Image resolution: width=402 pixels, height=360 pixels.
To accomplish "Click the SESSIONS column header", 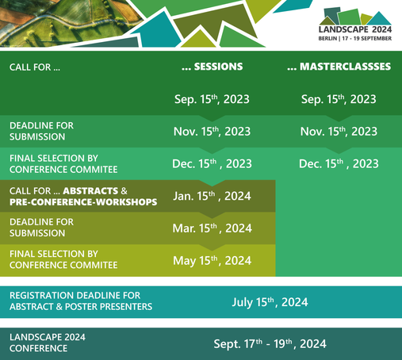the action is click(x=212, y=67).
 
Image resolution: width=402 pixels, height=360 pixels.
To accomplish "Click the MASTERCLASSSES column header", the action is click(x=339, y=67).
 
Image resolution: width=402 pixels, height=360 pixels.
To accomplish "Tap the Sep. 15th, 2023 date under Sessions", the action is click(x=212, y=99).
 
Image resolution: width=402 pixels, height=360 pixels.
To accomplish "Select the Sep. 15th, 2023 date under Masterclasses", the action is click(x=339, y=99).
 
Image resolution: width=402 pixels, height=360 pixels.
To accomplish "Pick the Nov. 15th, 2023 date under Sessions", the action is click(x=212, y=132).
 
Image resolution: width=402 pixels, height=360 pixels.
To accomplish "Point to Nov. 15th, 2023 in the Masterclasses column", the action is click(x=339, y=132).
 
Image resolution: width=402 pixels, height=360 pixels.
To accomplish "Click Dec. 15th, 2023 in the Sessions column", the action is click(x=212, y=163).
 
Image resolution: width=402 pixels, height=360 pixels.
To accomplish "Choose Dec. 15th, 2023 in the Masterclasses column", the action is click(x=339, y=163).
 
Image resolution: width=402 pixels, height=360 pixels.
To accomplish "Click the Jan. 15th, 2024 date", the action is click(x=212, y=196).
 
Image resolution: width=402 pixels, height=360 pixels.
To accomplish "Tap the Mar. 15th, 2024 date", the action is click(x=212, y=228).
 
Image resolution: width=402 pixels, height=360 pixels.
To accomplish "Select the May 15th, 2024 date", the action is click(x=212, y=261).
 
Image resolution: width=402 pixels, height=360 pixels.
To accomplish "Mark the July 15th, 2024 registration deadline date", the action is click(x=270, y=302).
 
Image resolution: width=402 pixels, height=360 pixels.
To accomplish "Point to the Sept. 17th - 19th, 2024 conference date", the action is click(x=270, y=344).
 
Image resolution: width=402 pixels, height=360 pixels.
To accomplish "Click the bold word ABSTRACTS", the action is click(x=90, y=191).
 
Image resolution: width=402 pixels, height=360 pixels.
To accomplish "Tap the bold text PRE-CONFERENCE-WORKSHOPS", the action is click(x=83, y=202).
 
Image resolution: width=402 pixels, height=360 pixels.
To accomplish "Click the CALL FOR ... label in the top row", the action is click(x=35, y=67).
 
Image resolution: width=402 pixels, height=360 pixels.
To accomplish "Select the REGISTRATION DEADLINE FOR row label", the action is click(x=75, y=296).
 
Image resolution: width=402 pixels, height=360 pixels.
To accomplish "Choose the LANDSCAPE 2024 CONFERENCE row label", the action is click(x=48, y=343).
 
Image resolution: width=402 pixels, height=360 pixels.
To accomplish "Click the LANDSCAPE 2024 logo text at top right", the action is click(x=355, y=29).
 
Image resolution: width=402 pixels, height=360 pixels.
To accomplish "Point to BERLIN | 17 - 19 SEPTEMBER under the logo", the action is click(x=355, y=39).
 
